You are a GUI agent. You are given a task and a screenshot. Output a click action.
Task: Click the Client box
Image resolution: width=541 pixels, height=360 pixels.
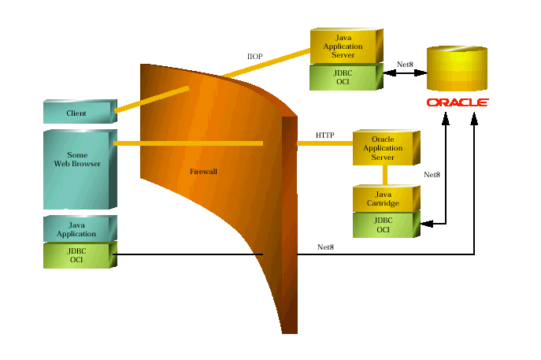[77, 113]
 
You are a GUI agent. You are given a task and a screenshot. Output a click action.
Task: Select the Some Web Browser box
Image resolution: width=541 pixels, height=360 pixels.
[76, 160]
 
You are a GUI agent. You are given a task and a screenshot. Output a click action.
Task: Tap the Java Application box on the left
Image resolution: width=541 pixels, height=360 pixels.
[77, 229]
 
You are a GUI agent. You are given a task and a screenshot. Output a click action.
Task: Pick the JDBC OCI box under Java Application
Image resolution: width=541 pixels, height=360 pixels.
[77, 255]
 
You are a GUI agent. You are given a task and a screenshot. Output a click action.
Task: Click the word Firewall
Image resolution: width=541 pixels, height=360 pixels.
[204, 171]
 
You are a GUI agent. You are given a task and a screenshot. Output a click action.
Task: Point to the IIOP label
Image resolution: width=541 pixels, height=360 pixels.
[254, 56]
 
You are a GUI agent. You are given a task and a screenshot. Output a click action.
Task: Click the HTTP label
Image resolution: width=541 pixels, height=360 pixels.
[324, 135]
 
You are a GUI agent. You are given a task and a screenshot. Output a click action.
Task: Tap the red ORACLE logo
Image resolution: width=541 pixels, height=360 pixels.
[458, 102]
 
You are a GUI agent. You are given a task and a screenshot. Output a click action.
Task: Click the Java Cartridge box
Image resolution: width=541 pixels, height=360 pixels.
[383, 199]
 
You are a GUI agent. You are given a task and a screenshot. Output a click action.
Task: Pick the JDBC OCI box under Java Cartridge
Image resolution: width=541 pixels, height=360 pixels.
[383, 225]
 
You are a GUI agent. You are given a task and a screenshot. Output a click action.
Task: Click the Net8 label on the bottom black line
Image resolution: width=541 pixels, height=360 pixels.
[325, 247]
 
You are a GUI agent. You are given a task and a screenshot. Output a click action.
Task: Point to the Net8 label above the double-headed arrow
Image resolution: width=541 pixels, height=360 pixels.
[405, 65]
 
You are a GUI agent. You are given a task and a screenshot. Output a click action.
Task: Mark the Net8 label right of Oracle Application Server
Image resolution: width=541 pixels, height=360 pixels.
[432, 175]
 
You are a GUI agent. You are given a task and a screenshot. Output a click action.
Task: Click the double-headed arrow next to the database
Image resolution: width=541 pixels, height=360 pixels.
[405, 73]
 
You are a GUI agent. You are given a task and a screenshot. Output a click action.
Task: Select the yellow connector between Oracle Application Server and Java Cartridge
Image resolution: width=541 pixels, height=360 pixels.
[385, 175]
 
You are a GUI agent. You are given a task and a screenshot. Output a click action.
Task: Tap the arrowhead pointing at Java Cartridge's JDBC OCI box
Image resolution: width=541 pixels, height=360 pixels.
[427, 225]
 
